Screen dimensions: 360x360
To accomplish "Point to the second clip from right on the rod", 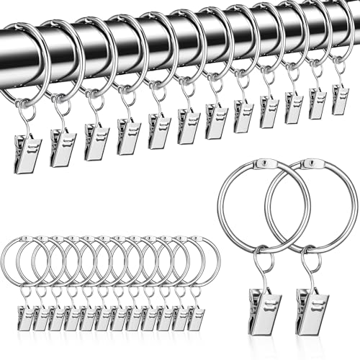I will [x=318, y=104].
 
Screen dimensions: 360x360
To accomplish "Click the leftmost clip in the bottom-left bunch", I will [x=24, y=317].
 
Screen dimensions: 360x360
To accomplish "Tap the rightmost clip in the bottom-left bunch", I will [x=195, y=317].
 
